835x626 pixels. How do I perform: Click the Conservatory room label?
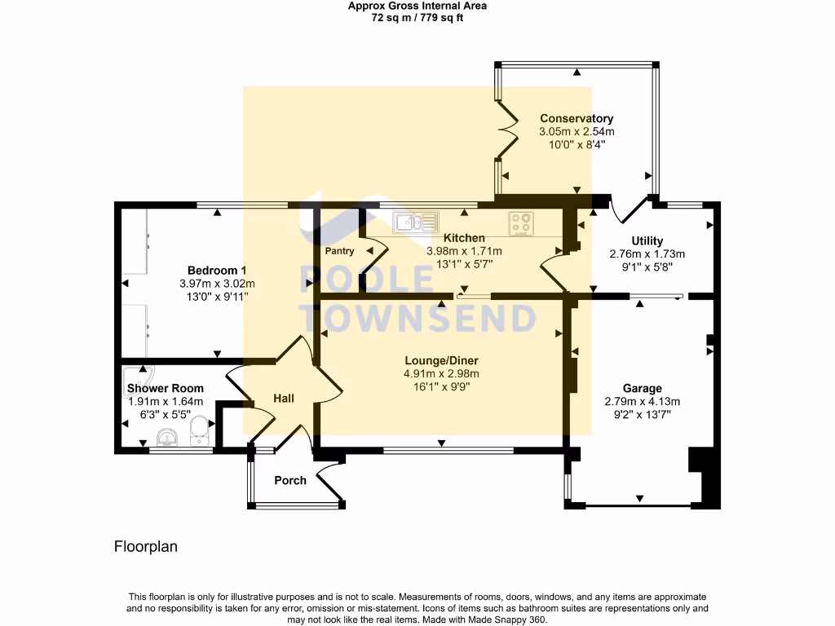click(x=577, y=119)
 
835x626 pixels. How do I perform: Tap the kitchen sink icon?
click(x=416, y=221)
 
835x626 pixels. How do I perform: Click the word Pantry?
click(x=339, y=252)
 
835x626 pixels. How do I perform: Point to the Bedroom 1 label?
click(x=217, y=271)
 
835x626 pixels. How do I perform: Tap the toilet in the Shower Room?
click(x=198, y=431)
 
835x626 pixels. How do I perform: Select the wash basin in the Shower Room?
click(x=167, y=437)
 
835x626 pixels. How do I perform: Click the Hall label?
click(x=284, y=399)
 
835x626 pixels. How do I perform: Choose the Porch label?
click(x=290, y=480)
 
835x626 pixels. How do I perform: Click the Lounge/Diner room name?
click(x=441, y=361)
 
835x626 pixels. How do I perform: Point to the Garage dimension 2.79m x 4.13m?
click(x=642, y=401)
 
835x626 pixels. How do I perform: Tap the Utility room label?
click(x=647, y=240)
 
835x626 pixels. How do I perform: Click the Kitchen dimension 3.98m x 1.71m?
click(x=464, y=251)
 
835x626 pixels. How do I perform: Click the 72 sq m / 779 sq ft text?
click(x=417, y=17)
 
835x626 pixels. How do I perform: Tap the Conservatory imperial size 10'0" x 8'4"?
click(x=577, y=143)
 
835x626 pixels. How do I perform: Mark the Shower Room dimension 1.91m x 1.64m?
click(x=166, y=402)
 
